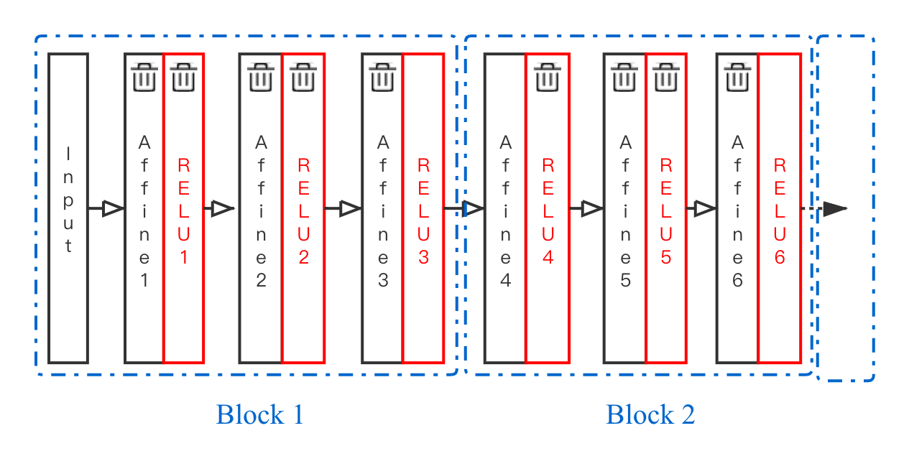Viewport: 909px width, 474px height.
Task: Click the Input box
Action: click(x=68, y=208)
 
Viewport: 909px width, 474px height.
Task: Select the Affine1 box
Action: click(x=144, y=215)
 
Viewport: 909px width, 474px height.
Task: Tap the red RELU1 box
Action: click(x=184, y=215)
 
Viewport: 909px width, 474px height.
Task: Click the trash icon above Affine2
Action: click(x=260, y=77)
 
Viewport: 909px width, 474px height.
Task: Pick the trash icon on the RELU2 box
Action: click(x=303, y=77)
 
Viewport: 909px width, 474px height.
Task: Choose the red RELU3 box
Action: click(x=423, y=215)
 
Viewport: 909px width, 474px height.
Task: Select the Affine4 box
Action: click(x=505, y=215)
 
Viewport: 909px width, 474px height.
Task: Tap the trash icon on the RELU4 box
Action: click(x=548, y=77)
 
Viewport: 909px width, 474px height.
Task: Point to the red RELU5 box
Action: click(x=666, y=215)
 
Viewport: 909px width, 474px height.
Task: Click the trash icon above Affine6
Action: click(x=737, y=77)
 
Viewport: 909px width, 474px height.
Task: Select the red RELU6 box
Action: click(x=780, y=215)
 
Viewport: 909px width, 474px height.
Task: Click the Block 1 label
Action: click(x=259, y=414)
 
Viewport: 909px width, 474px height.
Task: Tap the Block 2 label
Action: click(x=650, y=414)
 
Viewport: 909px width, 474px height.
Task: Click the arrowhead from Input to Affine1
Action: click(x=113, y=209)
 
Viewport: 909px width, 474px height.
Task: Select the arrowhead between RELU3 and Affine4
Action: click(x=472, y=209)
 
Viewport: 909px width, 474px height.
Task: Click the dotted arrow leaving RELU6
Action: click(x=834, y=209)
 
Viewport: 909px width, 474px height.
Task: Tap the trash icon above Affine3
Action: click(x=382, y=77)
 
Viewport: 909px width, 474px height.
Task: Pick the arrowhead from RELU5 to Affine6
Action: click(x=703, y=209)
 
